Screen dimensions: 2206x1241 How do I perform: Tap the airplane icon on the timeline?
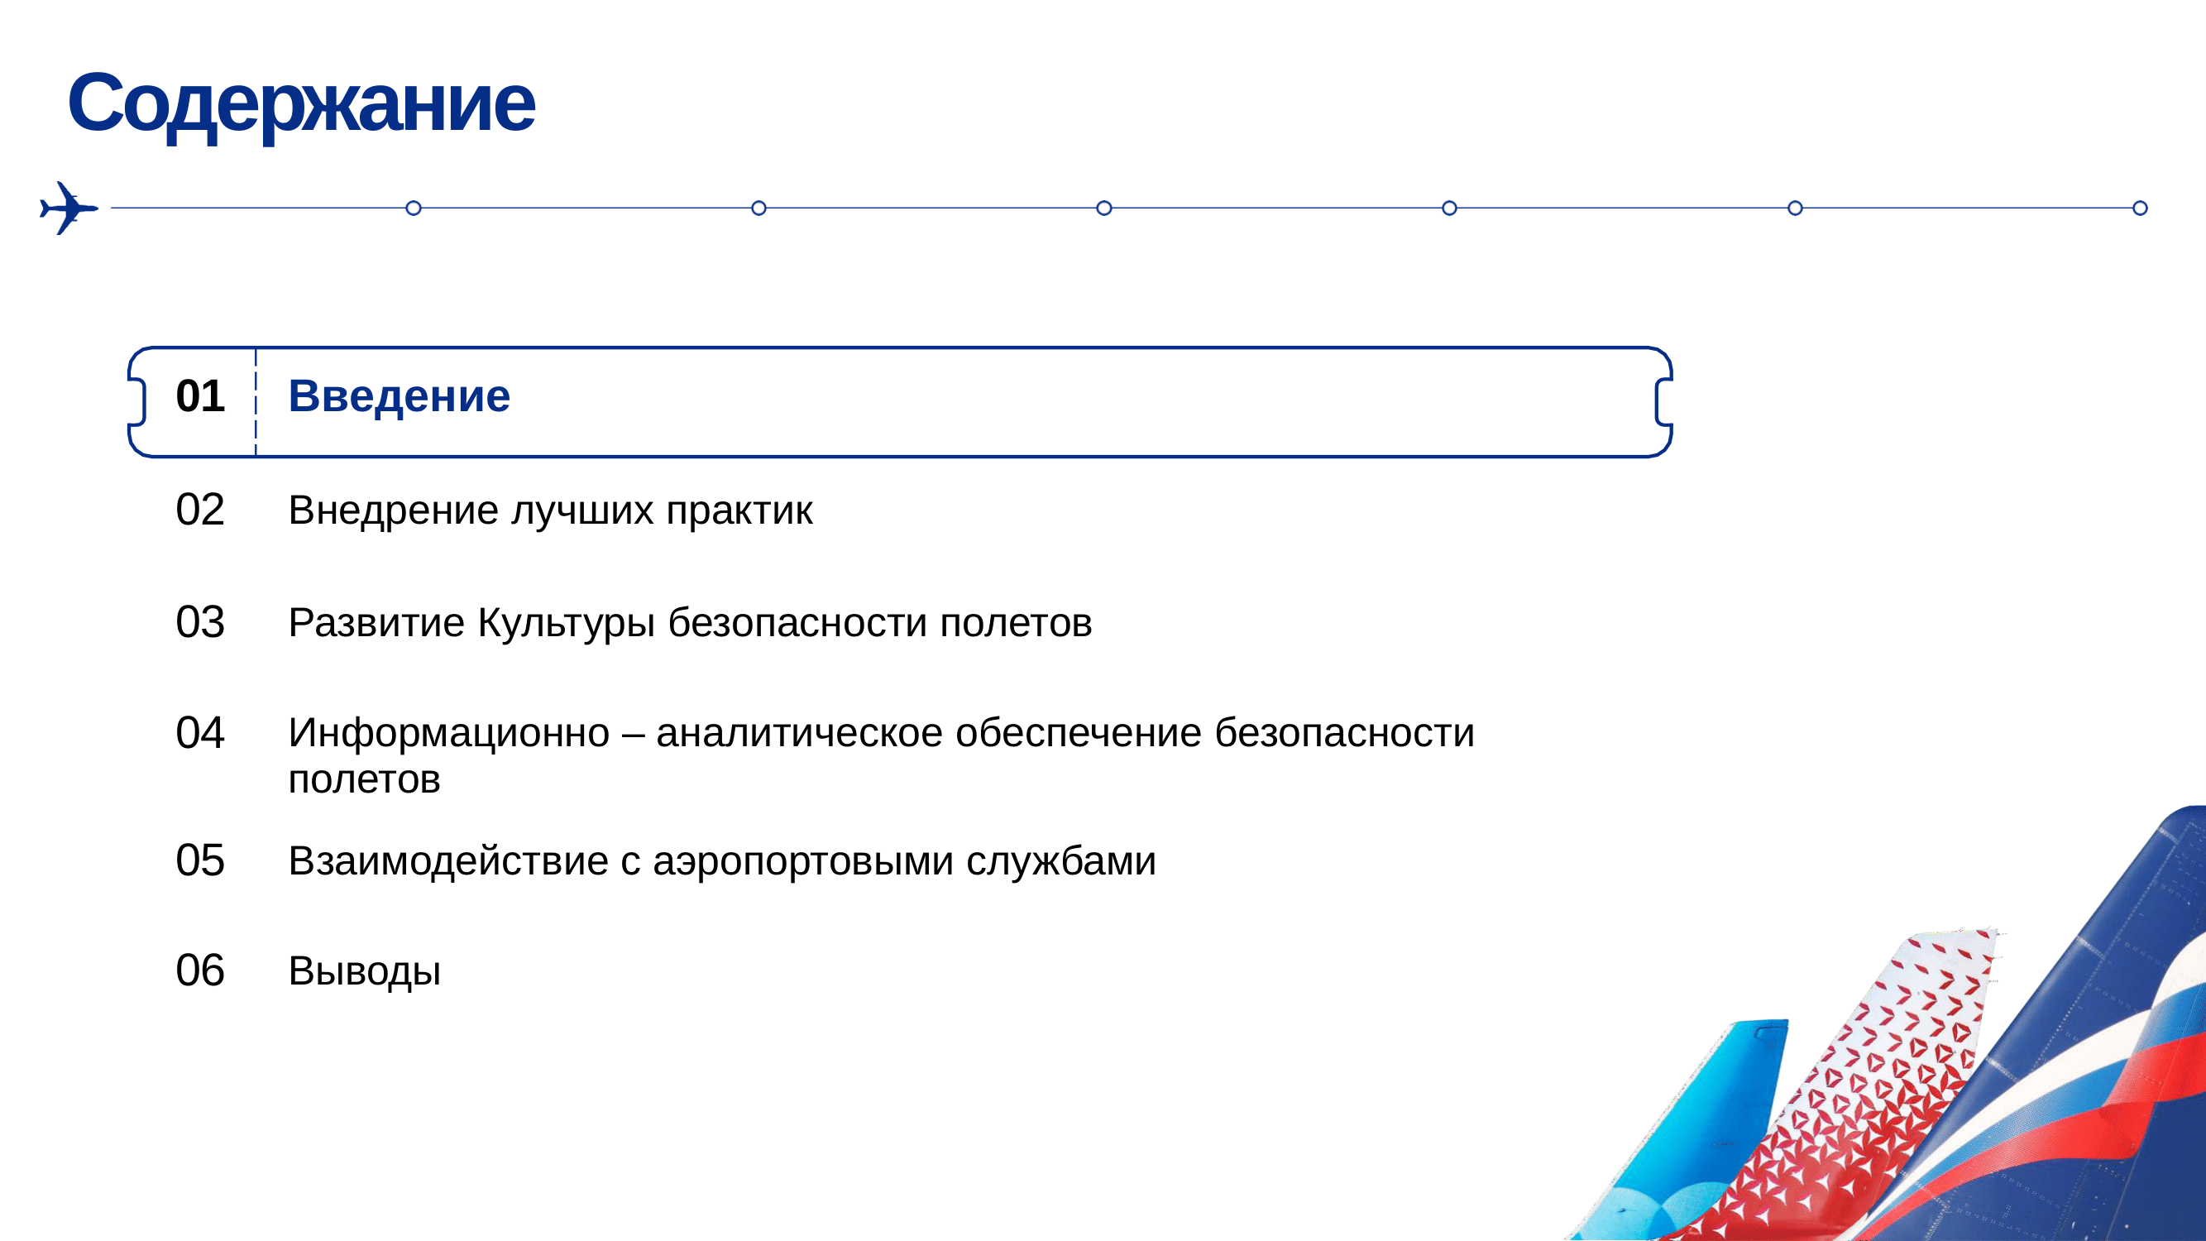(69, 208)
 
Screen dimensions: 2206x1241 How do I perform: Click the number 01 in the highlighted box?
(199, 395)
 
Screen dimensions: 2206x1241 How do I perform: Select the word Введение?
(399, 395)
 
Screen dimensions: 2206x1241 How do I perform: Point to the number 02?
(199, 510)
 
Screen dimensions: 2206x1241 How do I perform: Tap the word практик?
(739, 510)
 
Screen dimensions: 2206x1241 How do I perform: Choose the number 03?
(199, 622)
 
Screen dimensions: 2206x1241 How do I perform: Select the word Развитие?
(377, 623)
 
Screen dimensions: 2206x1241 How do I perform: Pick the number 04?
(199, 733)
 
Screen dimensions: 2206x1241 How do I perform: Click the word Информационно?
(450, 733)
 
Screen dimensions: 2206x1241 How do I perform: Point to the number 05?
(199, 860)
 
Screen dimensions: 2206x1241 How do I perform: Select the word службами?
(1061, 861)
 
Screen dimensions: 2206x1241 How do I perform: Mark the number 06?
(199, 971)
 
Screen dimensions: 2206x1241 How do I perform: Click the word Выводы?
(365, 972)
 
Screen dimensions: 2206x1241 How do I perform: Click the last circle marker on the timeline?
(2140, 208)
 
